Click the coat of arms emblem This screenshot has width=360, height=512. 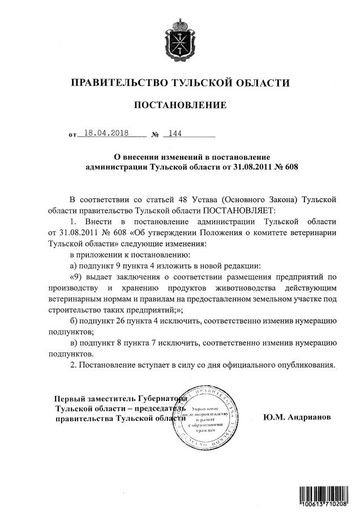point(179,37)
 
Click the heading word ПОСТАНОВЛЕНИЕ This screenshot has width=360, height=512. point(179,105)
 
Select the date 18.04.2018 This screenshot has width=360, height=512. point(106,134)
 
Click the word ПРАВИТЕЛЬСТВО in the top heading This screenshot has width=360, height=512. point(118,83)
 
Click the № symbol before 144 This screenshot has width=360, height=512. point(155,135)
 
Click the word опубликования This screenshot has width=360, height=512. point(303,365)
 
